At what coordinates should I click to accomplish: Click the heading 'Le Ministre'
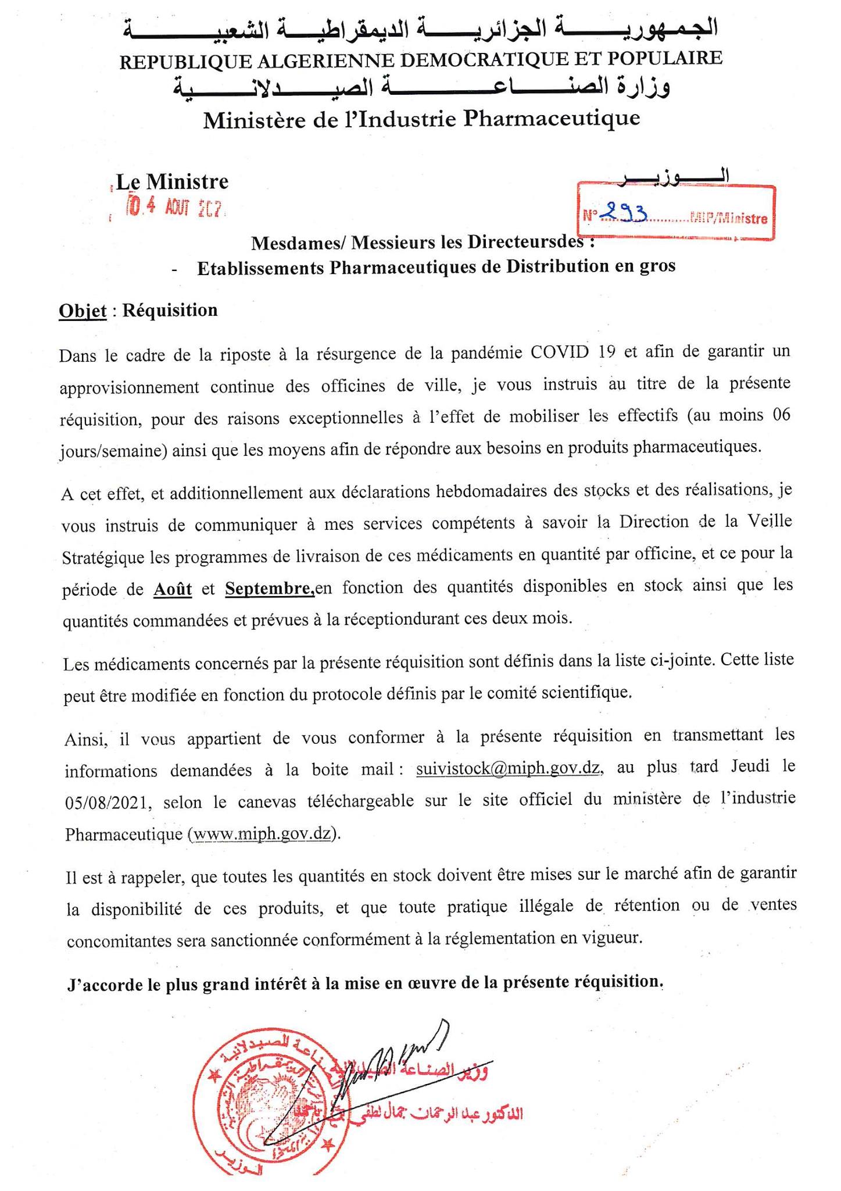click(x=172, y=182)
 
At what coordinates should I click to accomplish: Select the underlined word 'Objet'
click(x=83, y=311)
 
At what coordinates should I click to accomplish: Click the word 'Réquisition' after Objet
click(x=170, y=310)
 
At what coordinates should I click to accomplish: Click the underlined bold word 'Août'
click(x=173, y=589)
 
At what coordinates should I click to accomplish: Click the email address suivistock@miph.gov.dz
click(x=508, y=768)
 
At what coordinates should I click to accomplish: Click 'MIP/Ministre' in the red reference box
click(x=729, y=219)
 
